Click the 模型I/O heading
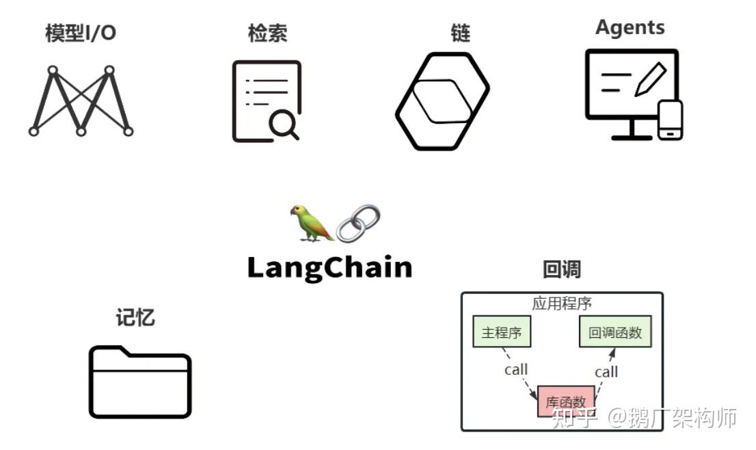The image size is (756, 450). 81,33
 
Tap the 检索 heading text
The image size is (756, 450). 267,33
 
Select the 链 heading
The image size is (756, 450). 461,33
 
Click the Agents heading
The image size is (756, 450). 630,27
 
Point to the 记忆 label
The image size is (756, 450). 135,317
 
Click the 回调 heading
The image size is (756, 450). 561,269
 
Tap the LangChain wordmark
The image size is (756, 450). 329,267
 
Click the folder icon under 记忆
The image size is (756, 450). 140,382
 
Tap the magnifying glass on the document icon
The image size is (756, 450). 283,124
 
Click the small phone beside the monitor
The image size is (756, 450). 670,120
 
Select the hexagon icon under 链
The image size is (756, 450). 442,101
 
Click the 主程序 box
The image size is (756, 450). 502,332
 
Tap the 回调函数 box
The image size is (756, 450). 615,332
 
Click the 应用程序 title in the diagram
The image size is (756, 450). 562,304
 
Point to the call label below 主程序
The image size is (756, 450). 516,369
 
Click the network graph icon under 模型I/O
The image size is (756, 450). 81,101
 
